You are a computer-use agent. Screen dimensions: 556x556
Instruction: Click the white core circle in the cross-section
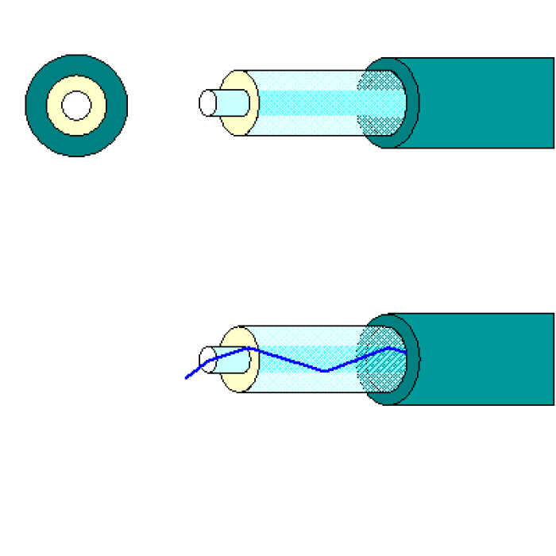76,105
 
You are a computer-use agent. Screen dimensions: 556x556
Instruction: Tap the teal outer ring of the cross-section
35,105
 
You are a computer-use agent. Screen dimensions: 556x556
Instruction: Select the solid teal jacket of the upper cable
485,102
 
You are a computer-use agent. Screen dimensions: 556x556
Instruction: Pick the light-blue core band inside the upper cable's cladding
310,102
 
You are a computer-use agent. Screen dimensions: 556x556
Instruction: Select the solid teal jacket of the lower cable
485,359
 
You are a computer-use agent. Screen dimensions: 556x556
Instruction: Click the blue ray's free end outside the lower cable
186,378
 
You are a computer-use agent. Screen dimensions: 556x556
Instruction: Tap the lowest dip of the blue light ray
326,371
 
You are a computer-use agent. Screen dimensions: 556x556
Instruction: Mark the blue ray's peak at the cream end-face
249,347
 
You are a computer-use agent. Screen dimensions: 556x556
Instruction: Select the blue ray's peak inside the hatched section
388,347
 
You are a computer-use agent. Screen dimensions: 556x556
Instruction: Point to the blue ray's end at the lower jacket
406,351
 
